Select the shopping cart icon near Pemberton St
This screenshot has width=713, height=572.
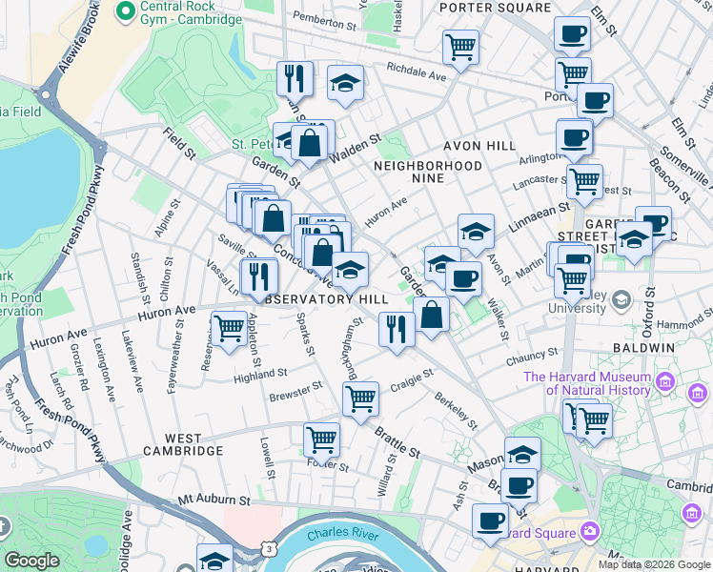click(460, 47)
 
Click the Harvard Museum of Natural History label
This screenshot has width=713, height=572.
click(586, 382)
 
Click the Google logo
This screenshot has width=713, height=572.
click(32, 561)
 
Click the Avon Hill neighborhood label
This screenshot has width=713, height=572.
click(479, 147)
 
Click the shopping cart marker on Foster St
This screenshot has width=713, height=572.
click(321, 440)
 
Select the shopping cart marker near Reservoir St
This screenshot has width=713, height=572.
click(229, 330)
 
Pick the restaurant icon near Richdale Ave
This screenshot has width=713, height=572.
click(295, 79)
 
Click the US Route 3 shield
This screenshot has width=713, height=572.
click(270, 550)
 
